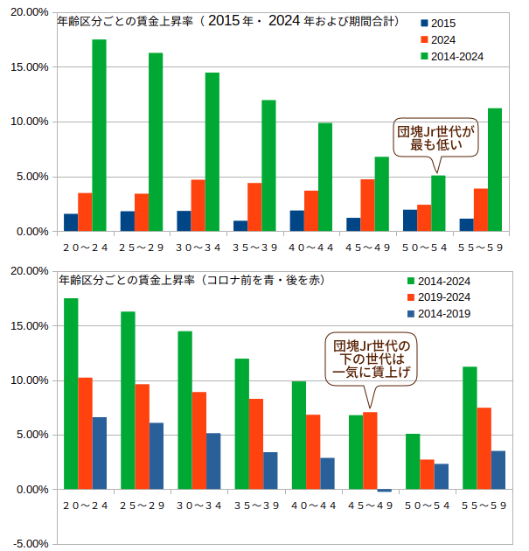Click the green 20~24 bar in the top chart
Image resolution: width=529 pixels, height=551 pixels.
point(99,136)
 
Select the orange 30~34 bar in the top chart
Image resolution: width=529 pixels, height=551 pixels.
point(198,206)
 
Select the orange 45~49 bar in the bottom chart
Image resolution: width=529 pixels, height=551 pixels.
point(370,450)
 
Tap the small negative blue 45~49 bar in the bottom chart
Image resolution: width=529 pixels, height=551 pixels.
point(384,492)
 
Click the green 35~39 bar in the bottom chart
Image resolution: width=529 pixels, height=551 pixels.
point(241,424)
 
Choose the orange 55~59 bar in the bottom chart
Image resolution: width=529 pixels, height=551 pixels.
point(484,449)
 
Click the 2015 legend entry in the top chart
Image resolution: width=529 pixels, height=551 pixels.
point(437,23)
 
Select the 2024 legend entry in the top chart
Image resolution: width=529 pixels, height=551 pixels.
point(437,39)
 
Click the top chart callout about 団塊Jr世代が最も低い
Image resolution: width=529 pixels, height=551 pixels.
point(435,137)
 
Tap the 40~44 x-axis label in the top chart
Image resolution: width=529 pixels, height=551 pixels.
point(311,248)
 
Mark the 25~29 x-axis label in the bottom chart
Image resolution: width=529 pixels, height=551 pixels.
point(141,506)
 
